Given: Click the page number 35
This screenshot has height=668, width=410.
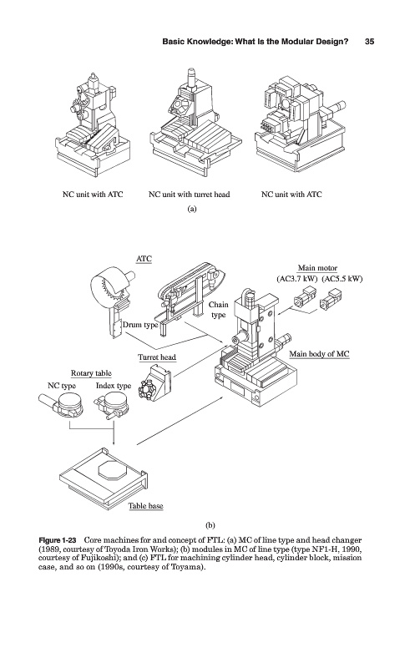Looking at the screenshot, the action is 370,41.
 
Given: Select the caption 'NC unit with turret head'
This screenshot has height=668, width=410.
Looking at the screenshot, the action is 189,195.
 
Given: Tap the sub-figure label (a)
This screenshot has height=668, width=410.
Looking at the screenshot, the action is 192,209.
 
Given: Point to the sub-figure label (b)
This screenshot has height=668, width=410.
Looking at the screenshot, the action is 210,525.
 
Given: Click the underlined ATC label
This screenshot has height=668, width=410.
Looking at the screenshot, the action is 144,259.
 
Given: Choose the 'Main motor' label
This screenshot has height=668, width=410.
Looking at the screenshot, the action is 317,268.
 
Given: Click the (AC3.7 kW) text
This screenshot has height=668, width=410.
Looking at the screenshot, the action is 297,279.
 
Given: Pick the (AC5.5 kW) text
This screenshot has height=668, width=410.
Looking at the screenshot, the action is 342,279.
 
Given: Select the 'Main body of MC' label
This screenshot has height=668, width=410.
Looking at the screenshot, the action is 319,353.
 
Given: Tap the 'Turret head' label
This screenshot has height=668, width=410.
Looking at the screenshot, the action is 157,357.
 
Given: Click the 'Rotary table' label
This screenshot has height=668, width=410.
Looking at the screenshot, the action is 91,373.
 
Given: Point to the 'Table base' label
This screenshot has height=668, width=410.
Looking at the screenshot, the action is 146,506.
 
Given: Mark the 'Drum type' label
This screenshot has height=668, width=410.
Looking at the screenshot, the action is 140,325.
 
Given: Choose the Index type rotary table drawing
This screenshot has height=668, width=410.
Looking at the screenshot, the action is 111,405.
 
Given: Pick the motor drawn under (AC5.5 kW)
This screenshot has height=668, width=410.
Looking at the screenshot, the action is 332,300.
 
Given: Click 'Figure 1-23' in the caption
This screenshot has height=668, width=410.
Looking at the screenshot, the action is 57,540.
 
